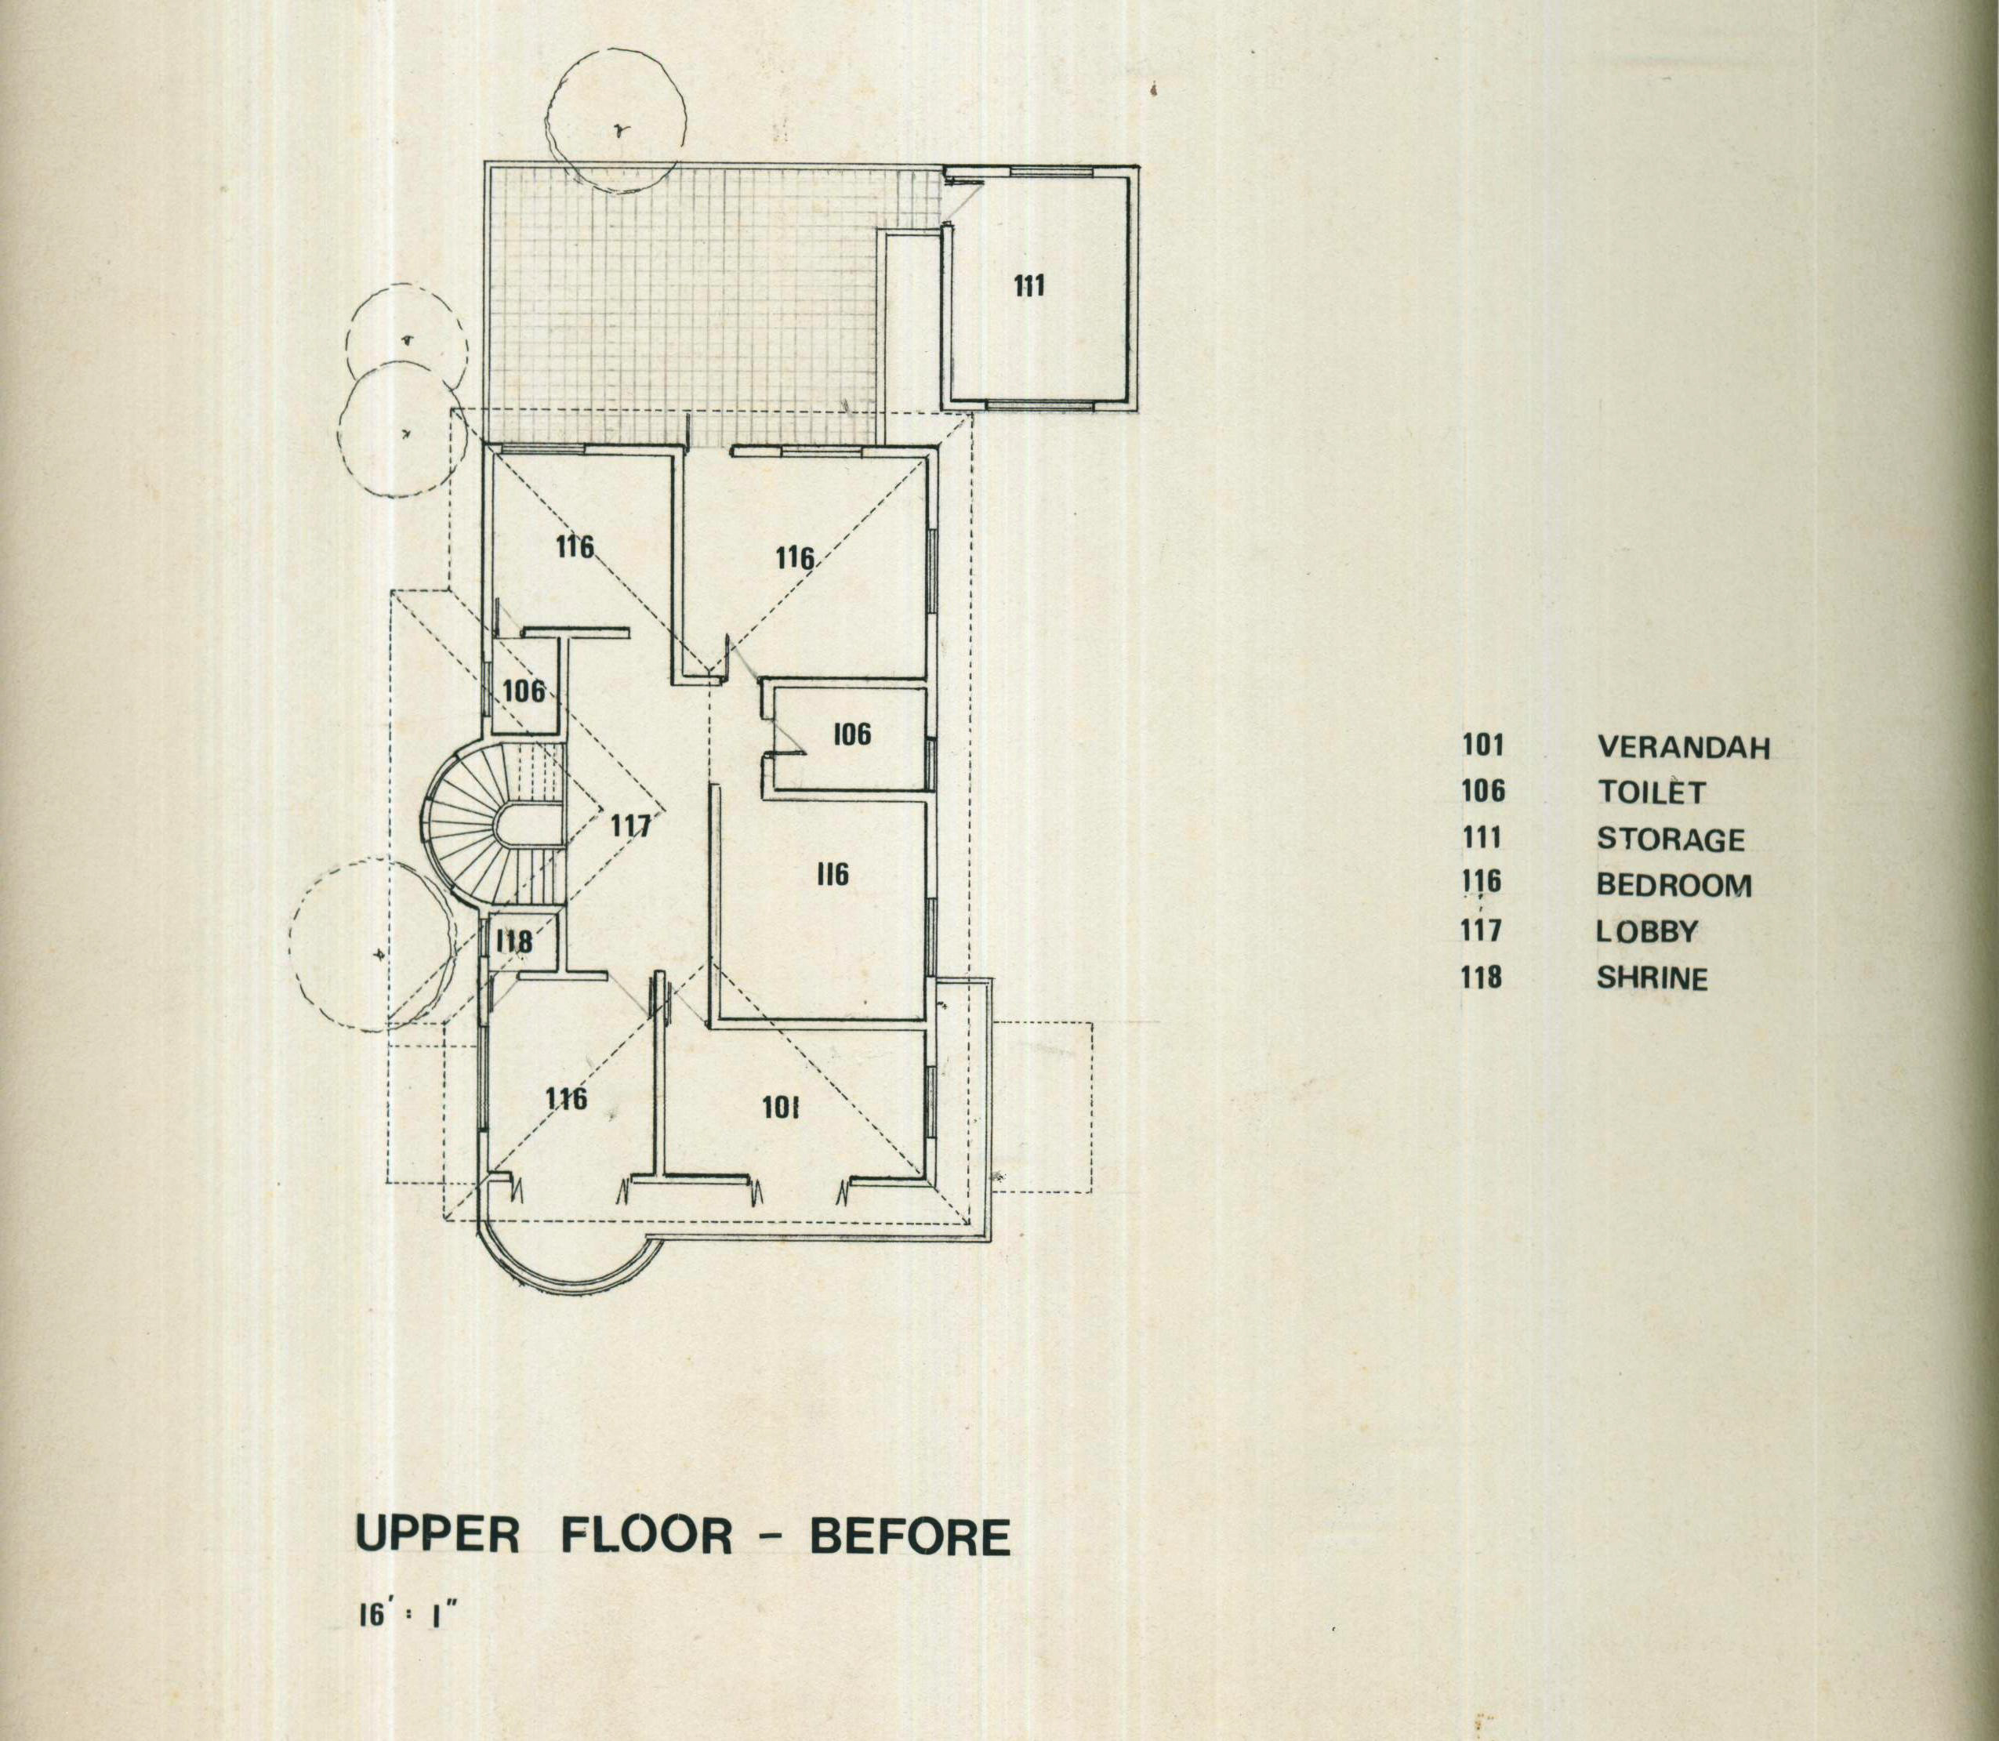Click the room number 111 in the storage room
(x=1029, y=287)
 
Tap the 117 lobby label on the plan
(x=630, y=825)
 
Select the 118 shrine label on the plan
(x=513, y=941)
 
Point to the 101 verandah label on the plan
(x=779, y=1108)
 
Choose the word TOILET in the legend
(x=1651, y=793)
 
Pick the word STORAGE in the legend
(x=1671, y=839)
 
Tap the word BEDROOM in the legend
(x=1674, y=885)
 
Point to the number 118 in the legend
(x=1482, y=977)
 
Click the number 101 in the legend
(x=1482, y=746)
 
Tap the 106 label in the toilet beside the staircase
(x=524, y=691)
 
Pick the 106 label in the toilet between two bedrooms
(x=852, y=734)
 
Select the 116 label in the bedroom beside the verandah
(x=565, y=1098)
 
